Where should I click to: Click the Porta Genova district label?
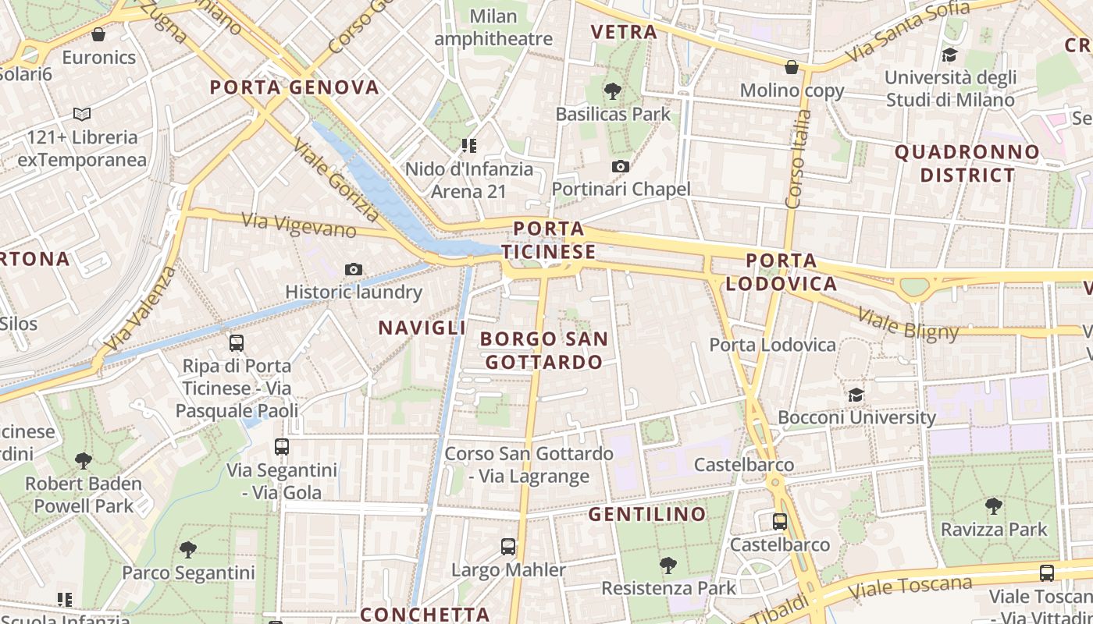pyautogui.click(x=294, y=87)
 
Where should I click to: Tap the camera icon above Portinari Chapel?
pyautogui.click(x=621, y=166)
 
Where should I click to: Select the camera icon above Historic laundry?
pyautogui.click(x=354, y=270)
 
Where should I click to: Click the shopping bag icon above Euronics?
pyautogui.click(x=98, y=34)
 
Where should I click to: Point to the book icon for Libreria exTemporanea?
pyautogui.click(x=82, y=115)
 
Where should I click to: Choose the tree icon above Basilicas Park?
pyautogui.click(x=613, y=91)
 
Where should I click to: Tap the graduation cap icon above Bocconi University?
pyautogui.click(x=856, y=395)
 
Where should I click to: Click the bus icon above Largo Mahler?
pyautogui.click(x=508, y=547)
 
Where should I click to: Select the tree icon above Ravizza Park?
pyautogui.click(x=994, y=506)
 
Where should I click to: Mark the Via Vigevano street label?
pyautogui.click(x=299, y=225)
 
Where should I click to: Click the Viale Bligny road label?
pyautogui.click(x=908, y=324)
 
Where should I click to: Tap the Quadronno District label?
pyautogui.click(x=967, y=163)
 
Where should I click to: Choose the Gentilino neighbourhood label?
pyautogui.click(x=647, y=514)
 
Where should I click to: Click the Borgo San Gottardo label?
pyautogui.click(x=544, y=350)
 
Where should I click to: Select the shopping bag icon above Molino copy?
pyautogui.click(x=792, y=68)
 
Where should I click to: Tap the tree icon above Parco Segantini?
pyautogui.click(x=187, y=550)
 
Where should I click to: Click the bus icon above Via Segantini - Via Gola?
pyautogui.click(x=282, y=448)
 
